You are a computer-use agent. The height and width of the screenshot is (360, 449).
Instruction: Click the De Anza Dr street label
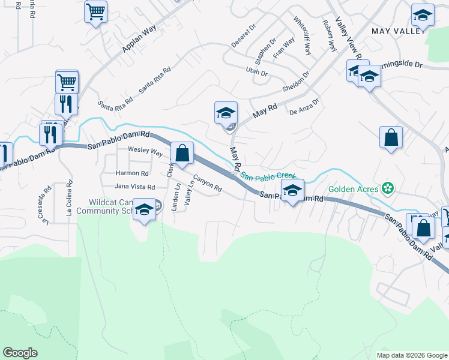pos(306,107)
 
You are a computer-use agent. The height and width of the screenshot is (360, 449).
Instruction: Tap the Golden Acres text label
pos(354,189)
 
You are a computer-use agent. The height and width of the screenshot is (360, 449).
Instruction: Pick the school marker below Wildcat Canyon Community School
pos(144,210)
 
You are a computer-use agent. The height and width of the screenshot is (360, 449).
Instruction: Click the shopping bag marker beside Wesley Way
pos(182,153)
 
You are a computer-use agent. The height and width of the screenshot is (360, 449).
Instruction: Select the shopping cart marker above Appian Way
pos(96,12)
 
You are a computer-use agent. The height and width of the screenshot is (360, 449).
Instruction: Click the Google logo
pos(20,353)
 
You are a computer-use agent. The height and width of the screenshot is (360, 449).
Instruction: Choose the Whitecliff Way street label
pos(303,36)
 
